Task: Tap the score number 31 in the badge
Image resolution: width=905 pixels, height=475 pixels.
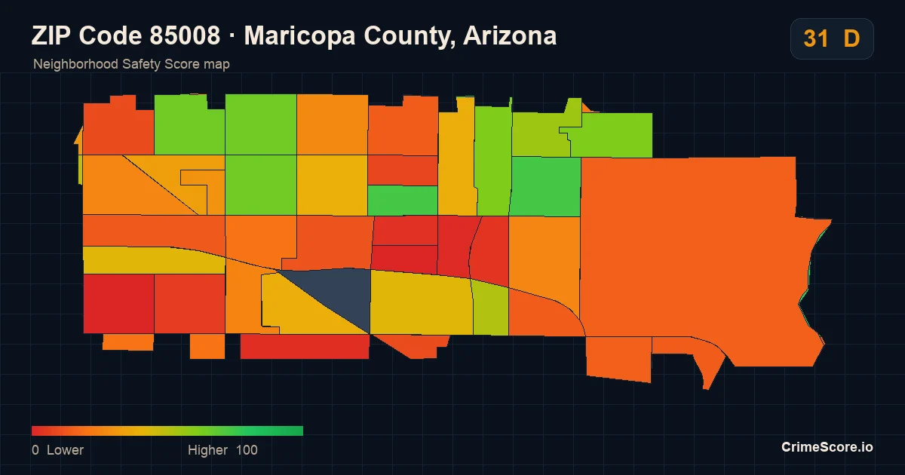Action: (816, 38)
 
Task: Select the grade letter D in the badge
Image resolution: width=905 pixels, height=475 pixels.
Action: (851, 38)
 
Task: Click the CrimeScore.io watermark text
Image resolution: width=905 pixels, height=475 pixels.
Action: (827, 446)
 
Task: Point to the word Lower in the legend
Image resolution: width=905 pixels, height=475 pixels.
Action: (65, 450)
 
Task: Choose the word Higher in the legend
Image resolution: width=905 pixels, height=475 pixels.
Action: (207, 450)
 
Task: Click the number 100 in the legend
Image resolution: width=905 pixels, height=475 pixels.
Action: (247, 450)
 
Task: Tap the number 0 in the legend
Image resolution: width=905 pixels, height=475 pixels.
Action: (35, 450)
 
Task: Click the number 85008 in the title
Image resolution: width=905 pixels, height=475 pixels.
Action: (185, 35)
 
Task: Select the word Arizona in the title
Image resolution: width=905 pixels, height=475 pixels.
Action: (510, 35)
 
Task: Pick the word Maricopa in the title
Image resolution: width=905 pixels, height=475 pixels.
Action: (300, 36)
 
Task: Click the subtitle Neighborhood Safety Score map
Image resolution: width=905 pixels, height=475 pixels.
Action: (131, 64)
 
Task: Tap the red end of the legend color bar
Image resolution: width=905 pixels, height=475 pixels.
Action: (34, 431)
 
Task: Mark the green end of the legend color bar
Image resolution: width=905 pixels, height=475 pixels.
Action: (301, 431)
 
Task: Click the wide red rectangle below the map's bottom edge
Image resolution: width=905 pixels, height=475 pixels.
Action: (305, 347)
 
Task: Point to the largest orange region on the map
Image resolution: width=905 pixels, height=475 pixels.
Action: (687, 250)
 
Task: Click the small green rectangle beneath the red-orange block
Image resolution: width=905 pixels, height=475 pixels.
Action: (403, 201)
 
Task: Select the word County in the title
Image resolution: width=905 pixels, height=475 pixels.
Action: (411, 36)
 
